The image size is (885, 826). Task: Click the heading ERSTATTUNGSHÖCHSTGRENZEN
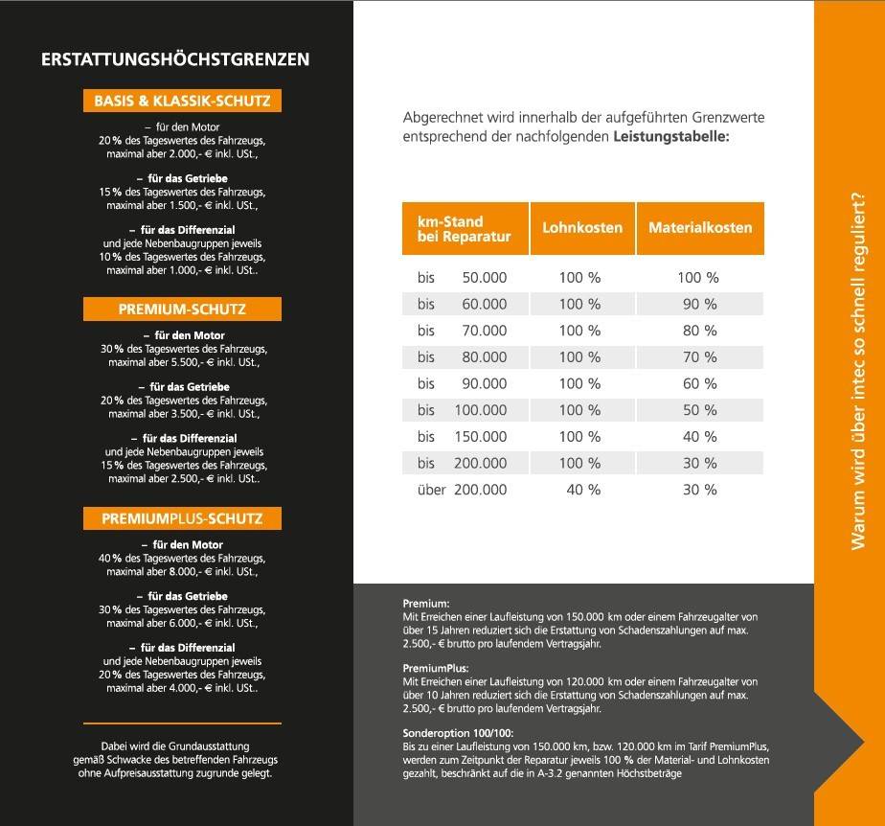[x=175, y=59]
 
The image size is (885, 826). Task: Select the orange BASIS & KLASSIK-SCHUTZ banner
[x=182, y=101]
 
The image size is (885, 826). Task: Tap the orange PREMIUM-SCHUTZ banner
[x=182, y=310]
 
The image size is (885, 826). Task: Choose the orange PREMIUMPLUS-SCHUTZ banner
[x=182, y=519]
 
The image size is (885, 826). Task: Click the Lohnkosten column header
[x=582, y=228]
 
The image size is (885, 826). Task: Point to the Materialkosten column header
[x=700, y=228]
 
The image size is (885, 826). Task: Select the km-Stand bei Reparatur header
[x=465, y=229]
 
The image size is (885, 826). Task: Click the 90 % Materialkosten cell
[x=697, y=305]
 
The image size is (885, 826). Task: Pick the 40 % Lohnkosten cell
[x=580, y=490]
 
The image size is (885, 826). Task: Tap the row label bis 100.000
[x=463, y=410]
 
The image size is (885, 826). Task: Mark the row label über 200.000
[x=463, y=490]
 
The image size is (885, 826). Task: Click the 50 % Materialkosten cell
[x=697, y=410]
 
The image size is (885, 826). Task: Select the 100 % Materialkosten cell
[x=697, y=278]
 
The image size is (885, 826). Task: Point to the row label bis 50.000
[x=463, y=278]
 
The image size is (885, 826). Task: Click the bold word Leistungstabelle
[x=670, y=137]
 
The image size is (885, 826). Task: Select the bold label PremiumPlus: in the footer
[x=430, y=668]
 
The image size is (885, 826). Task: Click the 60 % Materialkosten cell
[x=697, y=383]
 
